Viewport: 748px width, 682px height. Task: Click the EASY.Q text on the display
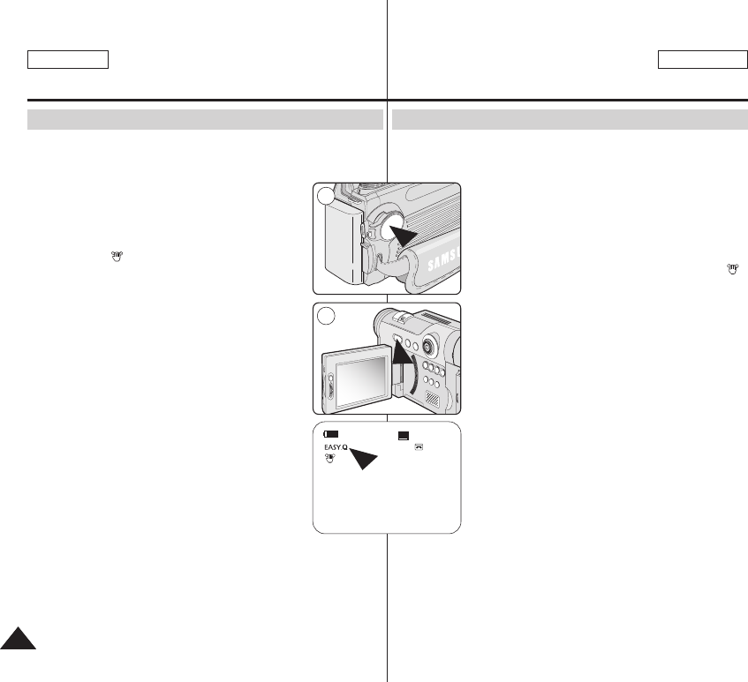(x=335, y=448)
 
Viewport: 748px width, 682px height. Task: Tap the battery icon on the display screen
(x=331, y=435)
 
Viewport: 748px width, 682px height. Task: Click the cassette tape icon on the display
(x=419, y=446)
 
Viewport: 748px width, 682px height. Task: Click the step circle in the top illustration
(x=326, y=198)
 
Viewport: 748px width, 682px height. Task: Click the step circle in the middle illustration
(x=326, y=316)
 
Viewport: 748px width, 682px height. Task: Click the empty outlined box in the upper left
(x=68, y=59)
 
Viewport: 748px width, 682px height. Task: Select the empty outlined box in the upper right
(x=703, y=59)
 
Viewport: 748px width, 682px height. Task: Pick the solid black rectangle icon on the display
(x=404, y=435)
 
